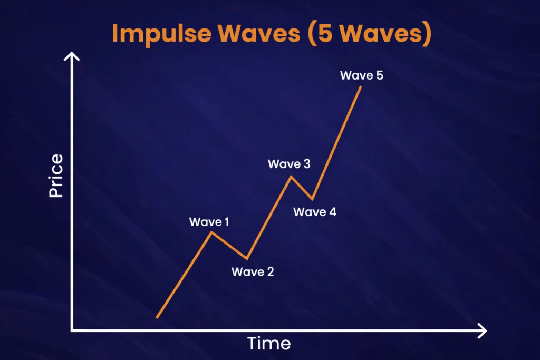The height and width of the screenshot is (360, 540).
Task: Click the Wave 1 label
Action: pyautogui.click(x=209, y=222)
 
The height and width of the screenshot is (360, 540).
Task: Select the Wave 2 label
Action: pyautogui.click(x=253, y=272)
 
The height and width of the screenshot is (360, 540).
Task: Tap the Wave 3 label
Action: pyautogui.click(x=289, y=164)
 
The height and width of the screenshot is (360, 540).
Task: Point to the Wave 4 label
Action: pyautogui.click(x=314, y=212)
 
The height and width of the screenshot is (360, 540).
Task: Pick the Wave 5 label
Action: pyautogui.click(x=361, y=75)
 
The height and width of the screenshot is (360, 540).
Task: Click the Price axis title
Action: pyautogui.click(x=56, y=176)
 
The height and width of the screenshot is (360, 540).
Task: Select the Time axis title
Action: pyautogui.click(x=269, y=344)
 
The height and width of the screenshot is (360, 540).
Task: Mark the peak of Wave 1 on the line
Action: pyautogui.click(x=211, y=232)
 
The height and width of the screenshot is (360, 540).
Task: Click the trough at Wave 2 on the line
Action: pyautogui.click(x=247, y=258)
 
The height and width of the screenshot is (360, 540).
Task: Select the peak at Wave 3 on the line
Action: pyautogui.click(x=291, y=176)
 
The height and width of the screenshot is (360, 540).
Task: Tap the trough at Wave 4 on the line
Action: pyautogui.click(x=313, y=199)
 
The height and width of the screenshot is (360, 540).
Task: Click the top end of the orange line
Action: pyautogui.click(x=361, y=86)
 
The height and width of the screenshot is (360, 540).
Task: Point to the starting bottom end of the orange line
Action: pyautogui.click(x=157, y=317)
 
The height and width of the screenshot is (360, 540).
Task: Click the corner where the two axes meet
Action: pyautogui.click(x=72, y=330)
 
